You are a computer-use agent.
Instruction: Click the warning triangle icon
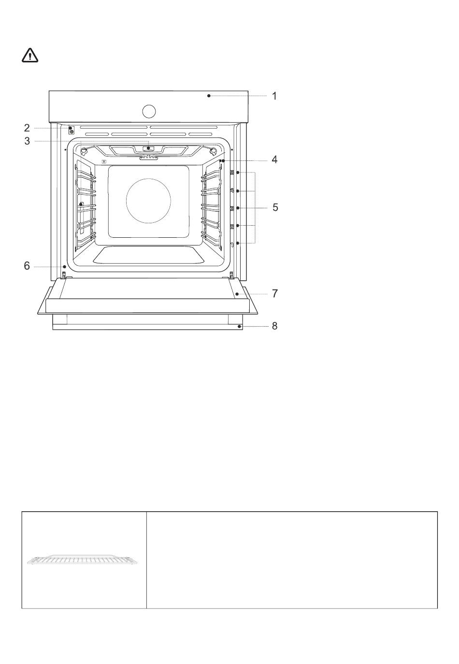pos(29,56)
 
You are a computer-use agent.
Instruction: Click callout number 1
pos(274,96)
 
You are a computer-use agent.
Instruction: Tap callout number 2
pos(27,128)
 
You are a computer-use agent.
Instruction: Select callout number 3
pos(27,141)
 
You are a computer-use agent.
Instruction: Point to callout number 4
pos(274,159)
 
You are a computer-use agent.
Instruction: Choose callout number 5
pos(275,207)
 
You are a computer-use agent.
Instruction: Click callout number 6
pos(27,266)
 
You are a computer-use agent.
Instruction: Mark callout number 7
pos(275,293)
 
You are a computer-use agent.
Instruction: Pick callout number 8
pos(275,326)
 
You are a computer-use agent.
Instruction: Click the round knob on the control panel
pos(149,112)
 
